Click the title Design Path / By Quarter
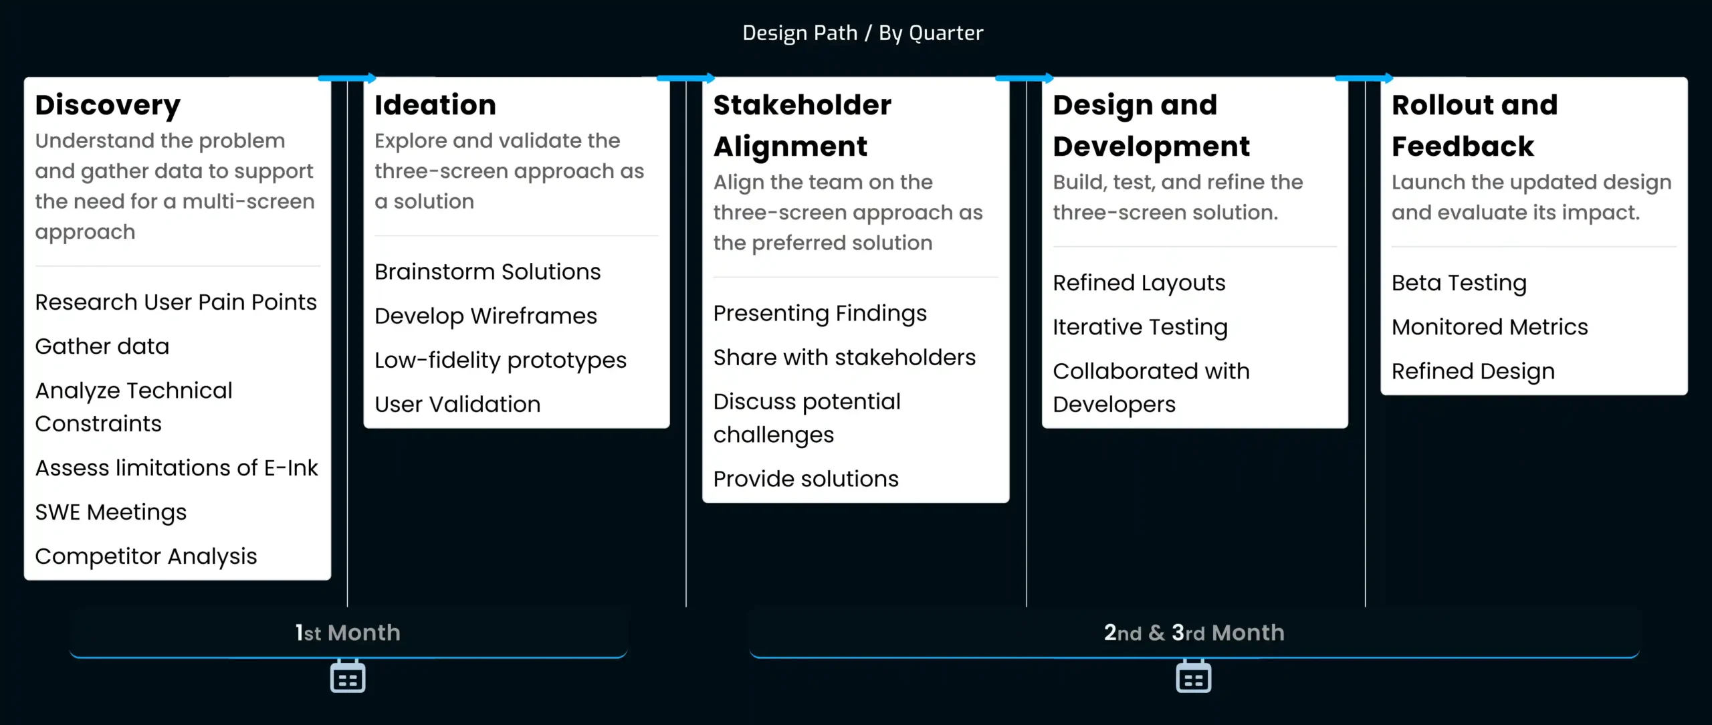[x=863, y=33]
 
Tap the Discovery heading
[x=108, y=105]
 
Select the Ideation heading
[x=435, y=105]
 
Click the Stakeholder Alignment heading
[x=802, y=126]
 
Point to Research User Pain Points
[x=176, y=302]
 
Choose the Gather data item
[x=102, y=346]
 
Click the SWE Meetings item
[x=111, y=512]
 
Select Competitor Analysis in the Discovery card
[x=146, y=556]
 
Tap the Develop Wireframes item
[x=486, y=316]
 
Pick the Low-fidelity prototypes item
[x=500, y=360]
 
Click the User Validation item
[x=457, y=404]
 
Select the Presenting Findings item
[x=820, y=313]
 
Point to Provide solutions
[x=806, y=479]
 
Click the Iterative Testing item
[x=1140, y=327]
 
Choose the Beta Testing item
[x=1459, y=283]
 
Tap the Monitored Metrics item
[x=1490, y=327]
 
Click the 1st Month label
[x=348, y=633]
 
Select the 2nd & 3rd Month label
[x=1194, y=633]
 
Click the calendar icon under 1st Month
[x=348, y=677]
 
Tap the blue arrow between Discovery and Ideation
[x=347, y=78]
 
